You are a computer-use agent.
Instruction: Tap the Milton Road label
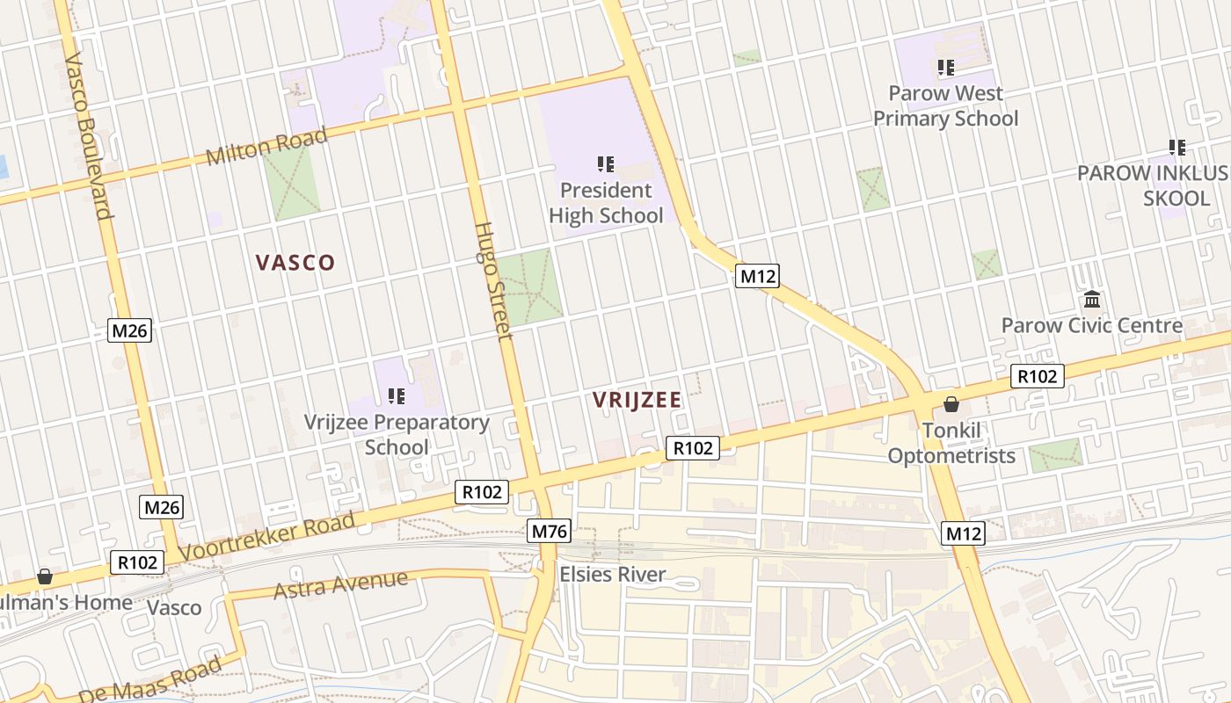(266, 147)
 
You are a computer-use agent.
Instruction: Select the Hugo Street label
(492, 279)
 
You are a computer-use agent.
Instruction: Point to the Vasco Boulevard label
(90, 135)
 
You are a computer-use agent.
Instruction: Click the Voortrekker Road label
(267, 537)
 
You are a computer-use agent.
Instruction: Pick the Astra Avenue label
(340, 584)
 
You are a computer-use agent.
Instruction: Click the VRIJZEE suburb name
(637, 401)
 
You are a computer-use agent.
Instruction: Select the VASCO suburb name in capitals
(295, 263)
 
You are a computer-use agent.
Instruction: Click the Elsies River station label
(613, 575)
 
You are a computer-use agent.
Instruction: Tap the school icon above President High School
(605, 164)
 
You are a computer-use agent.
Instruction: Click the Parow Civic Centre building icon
(1092, 301)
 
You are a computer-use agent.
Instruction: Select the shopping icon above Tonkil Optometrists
(951, 404)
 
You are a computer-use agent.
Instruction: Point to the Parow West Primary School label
(945, 105)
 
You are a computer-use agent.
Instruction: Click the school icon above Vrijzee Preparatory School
(397, 396)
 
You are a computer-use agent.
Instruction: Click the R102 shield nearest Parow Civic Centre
(1038, 376)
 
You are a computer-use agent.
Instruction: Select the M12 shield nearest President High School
(757, 276)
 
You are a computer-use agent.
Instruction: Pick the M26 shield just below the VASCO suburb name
(130, 330)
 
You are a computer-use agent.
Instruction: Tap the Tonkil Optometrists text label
(951, 443)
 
